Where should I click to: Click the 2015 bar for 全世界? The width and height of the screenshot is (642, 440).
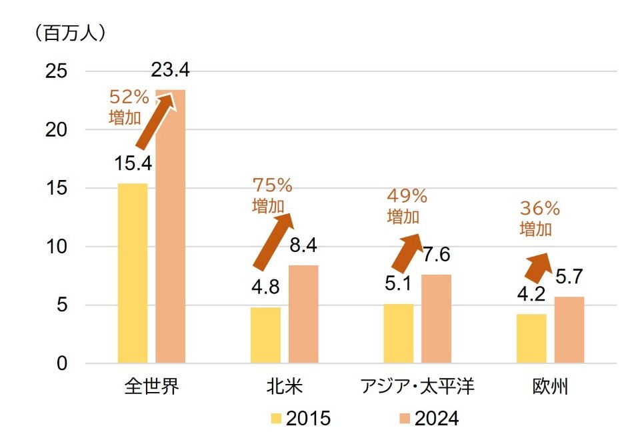pos(132,273)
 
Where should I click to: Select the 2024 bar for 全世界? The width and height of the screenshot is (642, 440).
pos(171,227)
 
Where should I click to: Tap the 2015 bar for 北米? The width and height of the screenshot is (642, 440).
pos(265,335)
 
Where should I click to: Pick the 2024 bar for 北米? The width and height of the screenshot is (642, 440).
pos(303,314)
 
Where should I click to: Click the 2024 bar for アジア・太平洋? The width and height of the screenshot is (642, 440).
pos(436,319)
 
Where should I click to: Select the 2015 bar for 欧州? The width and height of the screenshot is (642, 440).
pos(531,339)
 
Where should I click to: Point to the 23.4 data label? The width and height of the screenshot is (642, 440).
pos(171,70)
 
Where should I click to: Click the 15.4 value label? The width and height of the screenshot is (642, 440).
pos(133,163)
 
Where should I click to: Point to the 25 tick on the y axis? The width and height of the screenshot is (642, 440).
pos(57,71)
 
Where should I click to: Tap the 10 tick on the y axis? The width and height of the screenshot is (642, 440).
pos(57,247)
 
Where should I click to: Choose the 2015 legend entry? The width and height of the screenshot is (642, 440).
pos(300,418)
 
